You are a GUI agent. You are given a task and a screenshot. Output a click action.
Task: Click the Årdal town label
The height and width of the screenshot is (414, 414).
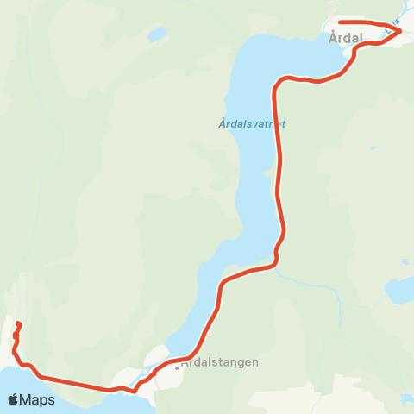(345, 38)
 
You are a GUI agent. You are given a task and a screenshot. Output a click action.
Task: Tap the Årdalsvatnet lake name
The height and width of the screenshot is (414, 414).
(251, 123)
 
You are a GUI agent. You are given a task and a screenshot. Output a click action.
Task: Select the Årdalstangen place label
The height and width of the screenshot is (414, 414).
(220, 363)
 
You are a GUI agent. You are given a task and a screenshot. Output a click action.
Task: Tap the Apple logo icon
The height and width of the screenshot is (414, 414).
(14, 399)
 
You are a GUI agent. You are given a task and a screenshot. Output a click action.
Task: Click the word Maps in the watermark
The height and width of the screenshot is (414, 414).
(38, 400)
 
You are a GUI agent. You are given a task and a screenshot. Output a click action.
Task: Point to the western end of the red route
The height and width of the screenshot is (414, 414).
(18, 324)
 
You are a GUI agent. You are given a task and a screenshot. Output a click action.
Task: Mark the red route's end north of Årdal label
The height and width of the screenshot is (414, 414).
(340, 22)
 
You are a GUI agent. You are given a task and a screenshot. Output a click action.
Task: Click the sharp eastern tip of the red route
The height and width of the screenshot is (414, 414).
(402, 31)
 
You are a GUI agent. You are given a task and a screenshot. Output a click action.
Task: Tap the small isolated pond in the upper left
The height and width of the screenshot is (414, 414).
(156, 34)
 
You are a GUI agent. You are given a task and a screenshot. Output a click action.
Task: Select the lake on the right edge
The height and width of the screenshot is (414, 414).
(400, 291)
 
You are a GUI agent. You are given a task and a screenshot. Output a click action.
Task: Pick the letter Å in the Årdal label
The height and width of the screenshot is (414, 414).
(333, 38)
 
